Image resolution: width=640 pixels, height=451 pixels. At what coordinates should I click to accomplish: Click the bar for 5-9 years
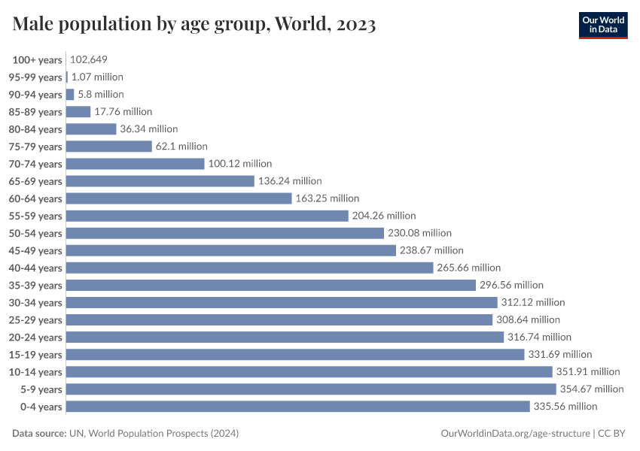coord(311,389)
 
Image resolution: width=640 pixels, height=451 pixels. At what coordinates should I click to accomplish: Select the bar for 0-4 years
coord(298,406)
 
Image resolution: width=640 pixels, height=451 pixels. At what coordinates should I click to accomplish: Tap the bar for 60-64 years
coord(178,198)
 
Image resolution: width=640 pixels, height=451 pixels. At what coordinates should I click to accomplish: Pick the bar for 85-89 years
coord(78,112)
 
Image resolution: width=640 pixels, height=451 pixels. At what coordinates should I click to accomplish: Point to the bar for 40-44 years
coord(249,268)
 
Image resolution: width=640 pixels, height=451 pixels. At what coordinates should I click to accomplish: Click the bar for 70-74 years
coord(135,164)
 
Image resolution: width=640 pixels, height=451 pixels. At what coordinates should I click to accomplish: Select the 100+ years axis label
coord(37,59)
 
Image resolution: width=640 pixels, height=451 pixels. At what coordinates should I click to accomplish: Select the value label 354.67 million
coord(591,389)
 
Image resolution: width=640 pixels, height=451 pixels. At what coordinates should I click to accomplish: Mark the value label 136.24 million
coord(290,181)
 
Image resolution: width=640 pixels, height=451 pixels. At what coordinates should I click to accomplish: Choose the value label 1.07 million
coord(97,77)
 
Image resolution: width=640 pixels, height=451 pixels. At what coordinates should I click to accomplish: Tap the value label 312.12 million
coord(532,302)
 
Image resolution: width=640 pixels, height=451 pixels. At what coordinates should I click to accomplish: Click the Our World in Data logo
coord(603,24)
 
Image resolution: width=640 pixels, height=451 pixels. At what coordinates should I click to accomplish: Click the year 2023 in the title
coord(352,25)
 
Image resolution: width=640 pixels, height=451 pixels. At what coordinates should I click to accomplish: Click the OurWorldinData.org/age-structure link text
coord(514,434)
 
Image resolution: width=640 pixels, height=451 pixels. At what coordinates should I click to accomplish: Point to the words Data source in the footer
coord(38,434)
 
